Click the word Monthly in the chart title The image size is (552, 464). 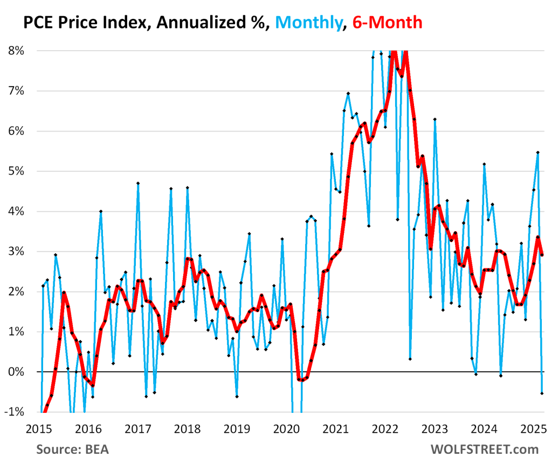tap(309, 22)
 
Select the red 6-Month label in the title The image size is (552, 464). tap(387, 22)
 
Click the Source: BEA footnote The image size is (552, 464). tap(71, 449)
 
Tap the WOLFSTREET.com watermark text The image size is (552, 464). tap(484, 449)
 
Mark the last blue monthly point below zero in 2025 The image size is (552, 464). tap(542, 393)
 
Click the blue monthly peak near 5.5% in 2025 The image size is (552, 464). tap(537, 153)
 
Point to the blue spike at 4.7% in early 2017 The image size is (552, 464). tap(138, 183)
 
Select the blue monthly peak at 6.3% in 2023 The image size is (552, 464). tap(434, 119)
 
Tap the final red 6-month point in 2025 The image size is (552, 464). tap(542, 254)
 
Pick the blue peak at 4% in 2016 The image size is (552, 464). tap(101, 211)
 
